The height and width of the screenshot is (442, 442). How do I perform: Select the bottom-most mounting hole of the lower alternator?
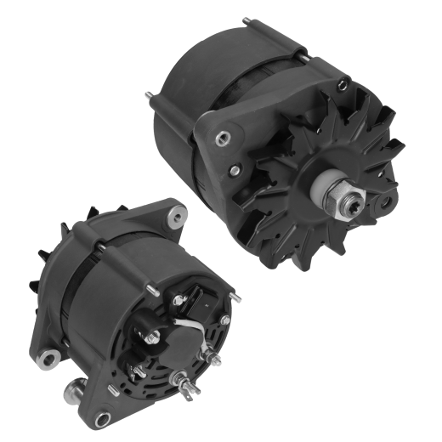(x=104, y=417)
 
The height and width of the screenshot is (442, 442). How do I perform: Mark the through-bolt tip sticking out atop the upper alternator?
(x=245, y=21)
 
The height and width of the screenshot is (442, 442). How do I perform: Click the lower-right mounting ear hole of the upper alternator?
(x=388, y=205)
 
